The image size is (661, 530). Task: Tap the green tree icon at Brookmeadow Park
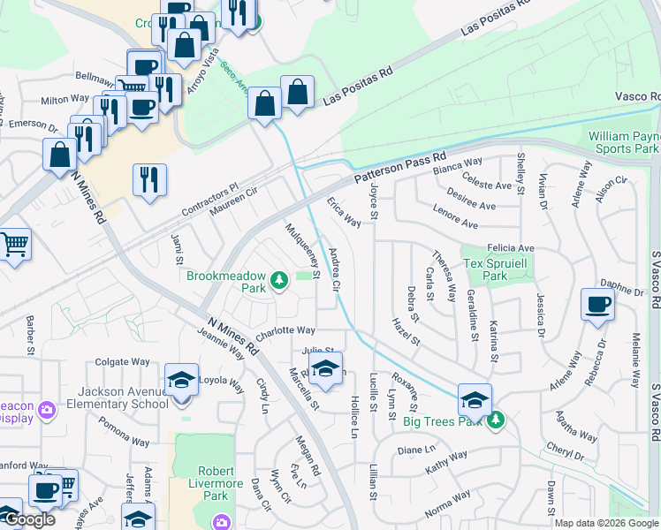point(279,281)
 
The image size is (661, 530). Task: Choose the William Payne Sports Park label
point(624,142)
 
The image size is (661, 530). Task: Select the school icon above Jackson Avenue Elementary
point(181,381)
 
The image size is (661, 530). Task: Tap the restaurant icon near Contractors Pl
point(149,179)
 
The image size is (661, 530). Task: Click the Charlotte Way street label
point(285,331)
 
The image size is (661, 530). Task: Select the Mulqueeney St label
point(301,249)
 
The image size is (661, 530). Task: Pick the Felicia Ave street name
point(510,249)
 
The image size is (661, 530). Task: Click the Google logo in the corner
point(29,520)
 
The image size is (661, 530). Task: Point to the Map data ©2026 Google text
point(606,523)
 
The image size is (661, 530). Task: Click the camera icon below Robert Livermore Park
point(219,521)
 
